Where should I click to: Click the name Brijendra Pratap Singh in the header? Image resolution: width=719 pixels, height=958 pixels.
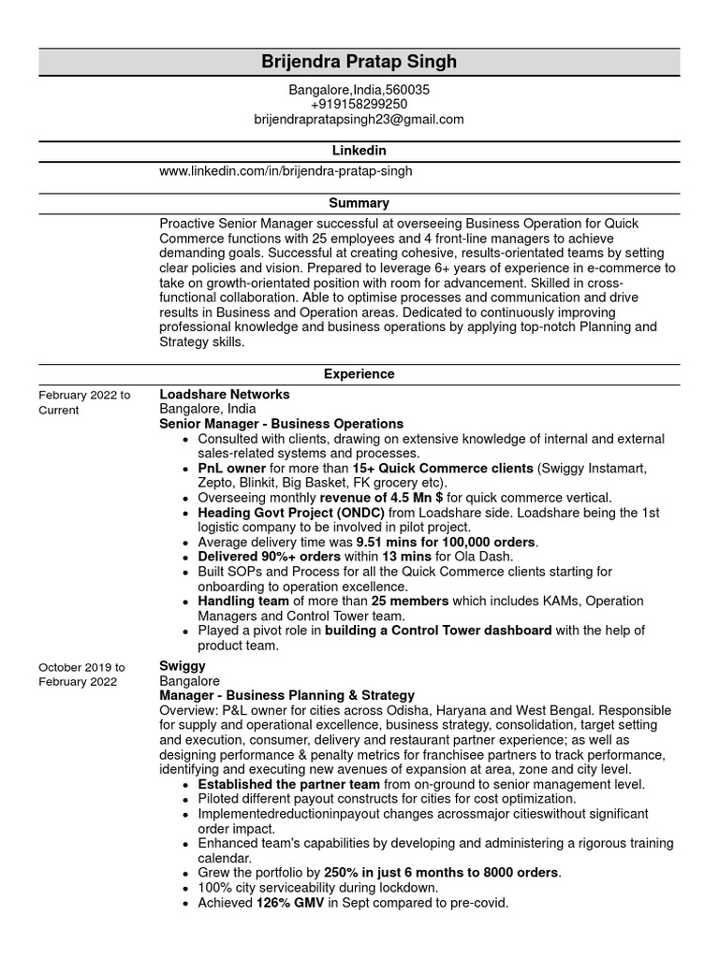click(x=359, y=63)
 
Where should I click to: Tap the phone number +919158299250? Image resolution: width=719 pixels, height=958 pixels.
click(x=359, y=105)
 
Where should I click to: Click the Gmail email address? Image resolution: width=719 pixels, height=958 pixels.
click(x=359, y=120)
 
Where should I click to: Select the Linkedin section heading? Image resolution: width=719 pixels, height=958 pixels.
click(x=359, y=151)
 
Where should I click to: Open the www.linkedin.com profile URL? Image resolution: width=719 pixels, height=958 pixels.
click(x=286, y=172)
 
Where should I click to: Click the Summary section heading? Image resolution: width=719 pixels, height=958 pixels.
click(x=359, y=203)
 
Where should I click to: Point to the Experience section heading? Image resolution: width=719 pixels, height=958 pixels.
click(x=359, y=374)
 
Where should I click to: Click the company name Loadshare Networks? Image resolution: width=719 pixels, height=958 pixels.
click(x=225, y=395)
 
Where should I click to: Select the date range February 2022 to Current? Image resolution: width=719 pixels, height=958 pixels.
click(x=84, y=402)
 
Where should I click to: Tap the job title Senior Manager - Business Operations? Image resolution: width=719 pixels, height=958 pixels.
click(x=282, y=425)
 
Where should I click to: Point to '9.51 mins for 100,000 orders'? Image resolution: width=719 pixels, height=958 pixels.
click(x=447, y=543)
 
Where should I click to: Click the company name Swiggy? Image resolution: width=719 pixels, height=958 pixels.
click(x=183, y=666)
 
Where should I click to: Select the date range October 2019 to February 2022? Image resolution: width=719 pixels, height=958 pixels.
click(x=81, y=675)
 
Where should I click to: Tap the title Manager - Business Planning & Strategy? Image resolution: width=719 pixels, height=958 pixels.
click(x=286, y=696)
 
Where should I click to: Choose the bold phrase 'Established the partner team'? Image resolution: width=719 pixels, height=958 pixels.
click(x=288, y=785)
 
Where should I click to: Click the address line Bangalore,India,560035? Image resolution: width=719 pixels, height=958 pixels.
click(x=359, y=90)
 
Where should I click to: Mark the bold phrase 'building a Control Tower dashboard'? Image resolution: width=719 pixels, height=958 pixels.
click(x=438, y=631)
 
